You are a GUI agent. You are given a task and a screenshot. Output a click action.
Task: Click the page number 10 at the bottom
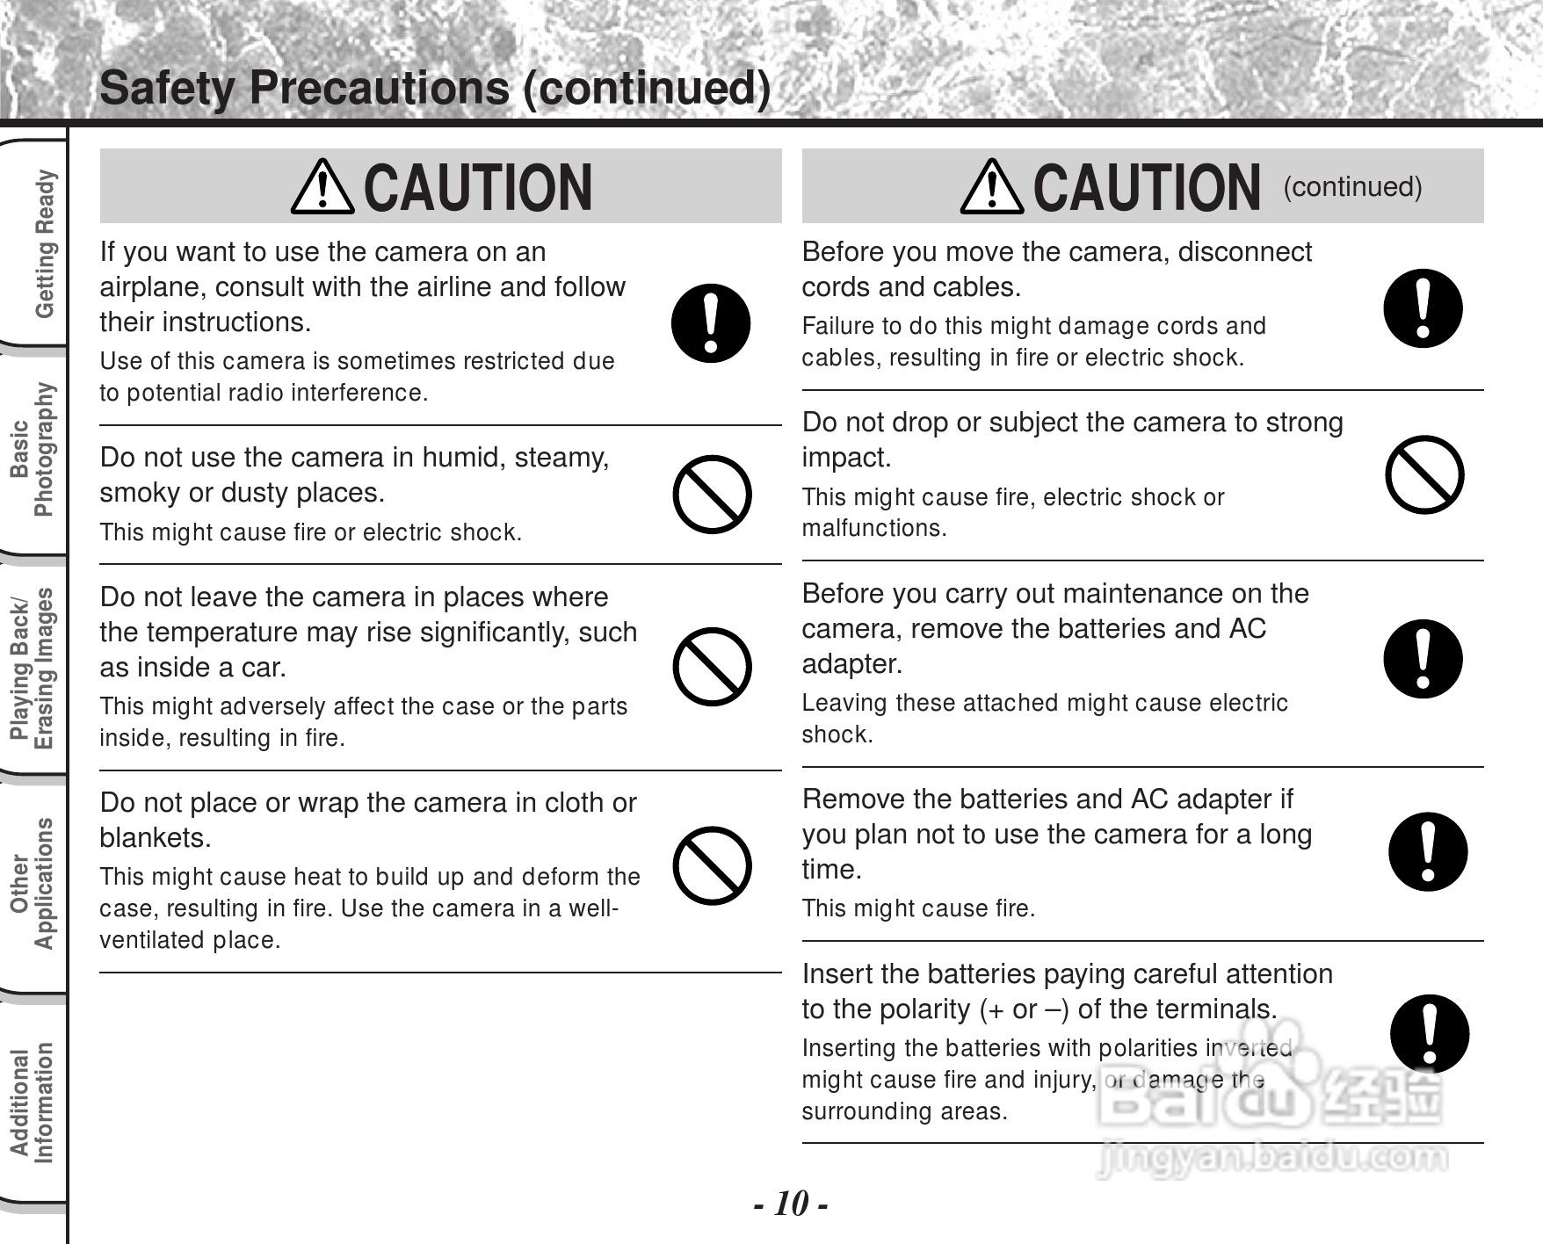pos(791,1204)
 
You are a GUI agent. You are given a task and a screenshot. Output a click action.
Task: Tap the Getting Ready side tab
pos(43,244)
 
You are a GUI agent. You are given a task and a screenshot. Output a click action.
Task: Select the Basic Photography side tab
pos(33,450)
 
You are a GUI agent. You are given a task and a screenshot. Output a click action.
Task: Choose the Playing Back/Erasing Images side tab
pos(33,668)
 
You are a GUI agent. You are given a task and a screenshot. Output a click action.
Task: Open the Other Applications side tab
pos(33,884)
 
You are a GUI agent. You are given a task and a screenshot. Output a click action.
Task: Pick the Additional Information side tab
pos(33,1103)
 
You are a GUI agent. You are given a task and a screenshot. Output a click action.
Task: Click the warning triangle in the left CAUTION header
pos(322,188)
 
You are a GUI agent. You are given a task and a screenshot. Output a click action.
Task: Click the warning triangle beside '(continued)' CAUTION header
pos(991,188)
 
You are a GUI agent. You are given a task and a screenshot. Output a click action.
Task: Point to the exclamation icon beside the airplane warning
pos(711,322)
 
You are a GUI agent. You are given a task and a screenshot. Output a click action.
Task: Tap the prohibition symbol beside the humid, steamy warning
pos(712,494)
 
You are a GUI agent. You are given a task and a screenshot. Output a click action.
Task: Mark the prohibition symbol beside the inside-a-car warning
pos(712,666)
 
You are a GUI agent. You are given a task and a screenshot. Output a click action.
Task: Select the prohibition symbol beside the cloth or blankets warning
pos(712,865)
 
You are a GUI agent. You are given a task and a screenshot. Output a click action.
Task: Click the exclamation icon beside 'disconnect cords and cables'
pos(1423,307)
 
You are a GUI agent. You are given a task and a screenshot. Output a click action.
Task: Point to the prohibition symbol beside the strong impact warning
pos(1423,474)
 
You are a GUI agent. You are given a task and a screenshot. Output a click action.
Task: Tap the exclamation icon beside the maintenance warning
pos(1423,659)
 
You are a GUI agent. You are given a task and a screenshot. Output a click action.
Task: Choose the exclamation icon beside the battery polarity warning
pos(1430,1033)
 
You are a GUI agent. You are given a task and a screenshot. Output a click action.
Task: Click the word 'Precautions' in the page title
pos(379,88)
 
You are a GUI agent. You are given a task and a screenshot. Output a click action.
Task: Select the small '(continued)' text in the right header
pos(1352,187)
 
